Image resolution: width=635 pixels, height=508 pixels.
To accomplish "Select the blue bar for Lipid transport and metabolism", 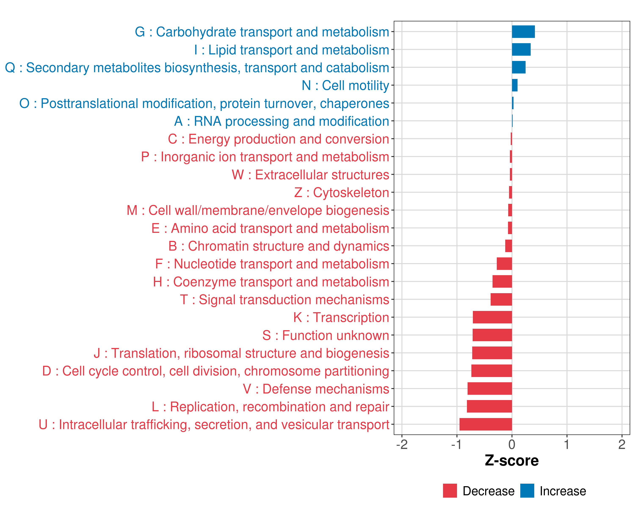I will (x=521, y=50).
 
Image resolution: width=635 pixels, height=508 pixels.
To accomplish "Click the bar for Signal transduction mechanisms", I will (x=501, y=299).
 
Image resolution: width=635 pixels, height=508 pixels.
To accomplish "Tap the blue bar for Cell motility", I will (x=515, y=85).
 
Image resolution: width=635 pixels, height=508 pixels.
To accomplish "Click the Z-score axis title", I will (x=512, y=461).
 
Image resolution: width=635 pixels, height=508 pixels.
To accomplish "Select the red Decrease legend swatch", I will (x=450, y=491).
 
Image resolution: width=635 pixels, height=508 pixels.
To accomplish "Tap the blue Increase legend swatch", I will (x=527, y=491).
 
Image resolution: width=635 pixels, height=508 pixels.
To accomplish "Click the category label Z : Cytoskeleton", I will (x=341, y=192).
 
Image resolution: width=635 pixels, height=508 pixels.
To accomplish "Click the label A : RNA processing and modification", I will (x=281, y=121).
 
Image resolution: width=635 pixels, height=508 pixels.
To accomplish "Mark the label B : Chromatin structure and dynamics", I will (x=279, y=246).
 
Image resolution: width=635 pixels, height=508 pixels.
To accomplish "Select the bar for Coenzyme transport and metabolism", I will (x=502, y=282).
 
